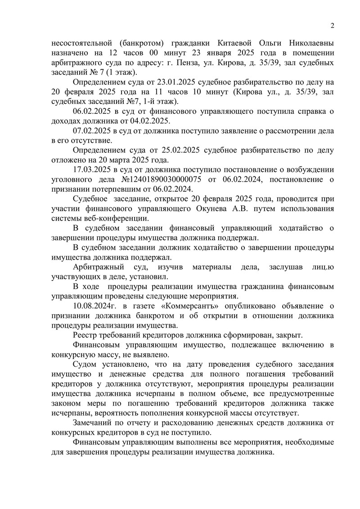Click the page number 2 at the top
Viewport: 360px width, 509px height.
click(x=332, y=26)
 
